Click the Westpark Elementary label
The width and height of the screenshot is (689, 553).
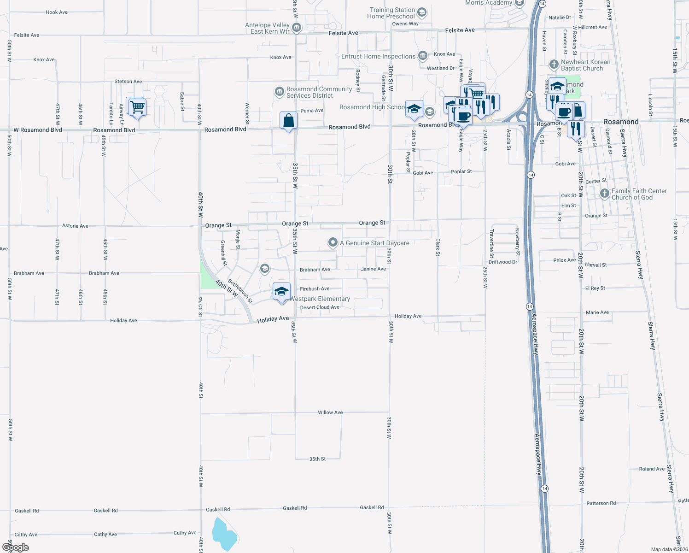pos(320,299)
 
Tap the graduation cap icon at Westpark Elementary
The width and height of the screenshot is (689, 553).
pos(281,292)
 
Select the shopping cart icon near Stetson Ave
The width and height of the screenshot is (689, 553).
pos(137,107)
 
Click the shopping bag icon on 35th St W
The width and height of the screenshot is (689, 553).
pos(288,121)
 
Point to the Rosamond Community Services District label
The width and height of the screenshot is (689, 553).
pos(319,92)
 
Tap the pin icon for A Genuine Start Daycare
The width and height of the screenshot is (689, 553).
pos(333,242)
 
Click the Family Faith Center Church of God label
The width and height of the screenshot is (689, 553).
pos(639,194)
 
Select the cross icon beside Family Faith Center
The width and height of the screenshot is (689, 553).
pos(605,194)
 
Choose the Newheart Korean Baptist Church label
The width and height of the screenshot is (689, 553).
pos(585,65)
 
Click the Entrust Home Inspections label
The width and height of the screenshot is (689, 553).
pos(378,56)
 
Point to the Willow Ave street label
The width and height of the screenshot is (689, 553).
pos(330,412)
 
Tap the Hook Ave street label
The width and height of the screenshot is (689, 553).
pos(57,12)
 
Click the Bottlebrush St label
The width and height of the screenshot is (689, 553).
pos(240,291)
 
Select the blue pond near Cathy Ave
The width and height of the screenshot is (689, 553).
pos(224,535)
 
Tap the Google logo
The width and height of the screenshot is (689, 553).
pos(15,547)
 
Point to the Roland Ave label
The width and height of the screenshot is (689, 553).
pos(652,469)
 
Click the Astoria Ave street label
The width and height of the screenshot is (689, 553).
pos(75,226)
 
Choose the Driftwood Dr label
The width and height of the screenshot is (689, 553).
pos(502,262)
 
